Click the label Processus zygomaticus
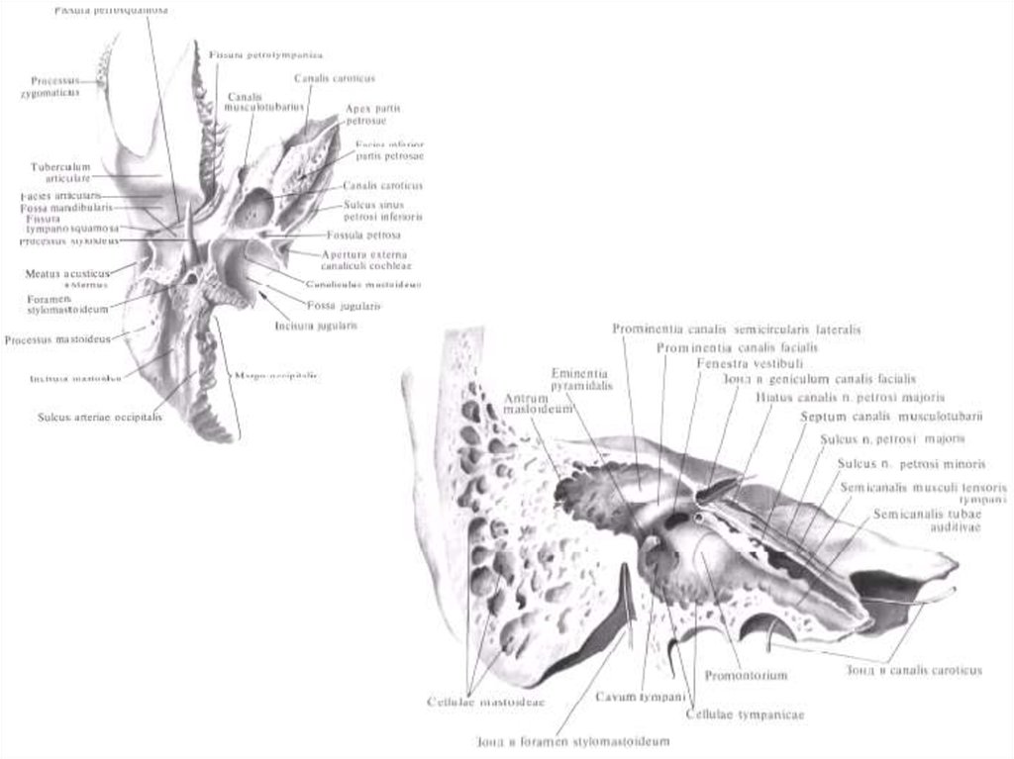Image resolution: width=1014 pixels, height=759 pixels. point(54,86)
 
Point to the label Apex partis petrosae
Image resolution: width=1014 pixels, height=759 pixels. point(372,114)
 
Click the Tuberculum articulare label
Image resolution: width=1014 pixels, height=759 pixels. point(60,172)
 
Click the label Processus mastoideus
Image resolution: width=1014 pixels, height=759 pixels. point(57,339)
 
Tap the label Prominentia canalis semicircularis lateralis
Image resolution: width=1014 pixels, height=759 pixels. point(736,329)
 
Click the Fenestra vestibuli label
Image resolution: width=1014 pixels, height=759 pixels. point(736,363)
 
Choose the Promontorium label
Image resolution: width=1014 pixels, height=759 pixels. point(746,676)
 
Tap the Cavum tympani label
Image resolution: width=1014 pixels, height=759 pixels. point(635,698)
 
